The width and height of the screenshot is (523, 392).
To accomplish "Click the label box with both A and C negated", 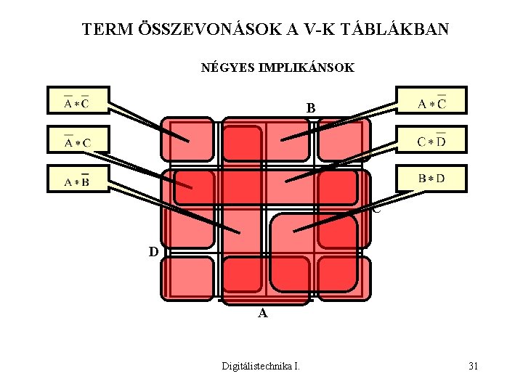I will (76, 101).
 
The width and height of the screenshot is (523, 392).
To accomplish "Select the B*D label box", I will (431, 178).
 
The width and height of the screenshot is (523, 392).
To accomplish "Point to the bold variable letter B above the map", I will (311, 108).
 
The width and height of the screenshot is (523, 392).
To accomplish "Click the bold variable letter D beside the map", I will (153, 252).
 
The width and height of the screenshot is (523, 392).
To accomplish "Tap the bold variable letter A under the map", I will (263, 314).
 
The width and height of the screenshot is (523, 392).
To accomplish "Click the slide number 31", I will (473, 366).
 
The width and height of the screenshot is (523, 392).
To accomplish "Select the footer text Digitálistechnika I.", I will (260, 366).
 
